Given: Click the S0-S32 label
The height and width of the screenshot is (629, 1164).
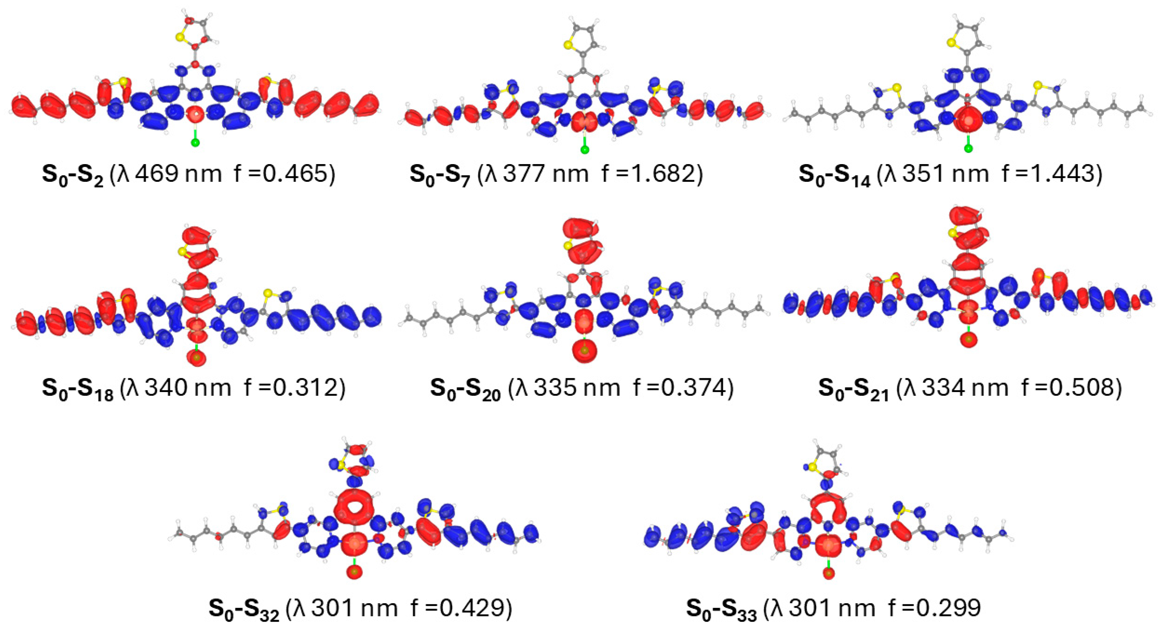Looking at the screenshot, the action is (244, 609).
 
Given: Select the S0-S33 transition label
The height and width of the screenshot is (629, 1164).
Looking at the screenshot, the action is (722, 609).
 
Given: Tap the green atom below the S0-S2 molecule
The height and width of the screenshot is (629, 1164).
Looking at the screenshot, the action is (195, 143).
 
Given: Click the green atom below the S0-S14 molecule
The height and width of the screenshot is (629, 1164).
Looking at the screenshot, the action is (968, 148).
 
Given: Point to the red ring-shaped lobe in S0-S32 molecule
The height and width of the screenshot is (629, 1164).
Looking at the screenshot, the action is (354, 509).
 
